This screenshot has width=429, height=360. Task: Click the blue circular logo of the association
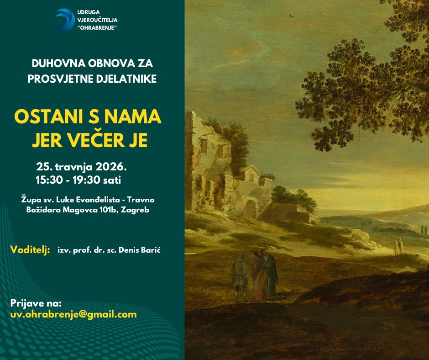65,20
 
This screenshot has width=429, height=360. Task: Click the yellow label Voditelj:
30,250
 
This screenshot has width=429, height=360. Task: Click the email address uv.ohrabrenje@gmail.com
73,314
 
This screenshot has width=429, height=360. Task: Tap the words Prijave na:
36,303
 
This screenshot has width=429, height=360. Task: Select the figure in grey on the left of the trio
240,277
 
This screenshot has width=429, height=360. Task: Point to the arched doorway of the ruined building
251,209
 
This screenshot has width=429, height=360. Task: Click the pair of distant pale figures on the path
398,246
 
